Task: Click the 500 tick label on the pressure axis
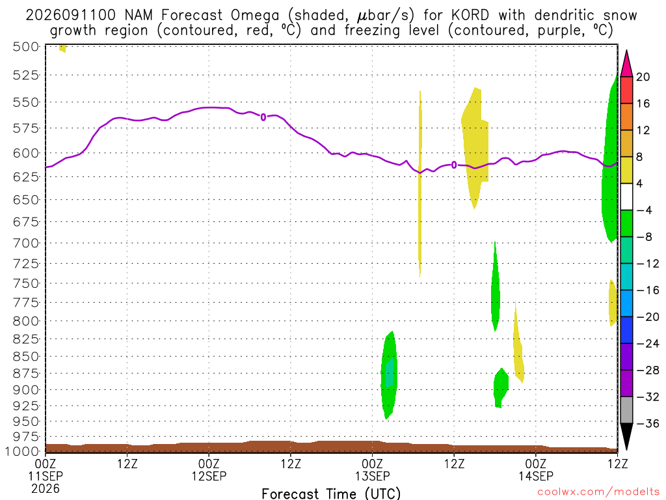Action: pyautogui.click(x=26, y=46)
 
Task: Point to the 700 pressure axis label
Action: pyautogui.click(x=26, y=243)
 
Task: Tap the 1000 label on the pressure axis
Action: pyautogui.click(x=23, y=451)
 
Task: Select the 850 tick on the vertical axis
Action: pyautogui.click(x=26, y=356)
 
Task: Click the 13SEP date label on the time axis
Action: pyautogui.click(x=372, y=476)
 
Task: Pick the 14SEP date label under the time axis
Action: pyautogui.click(x=536, y=476)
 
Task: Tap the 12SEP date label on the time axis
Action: pyautogui.click(x=209, y=476)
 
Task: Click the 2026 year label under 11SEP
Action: pyautogui.click(x=46, y=489)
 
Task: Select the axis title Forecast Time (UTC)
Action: pyautogui.click(x=331, y=493)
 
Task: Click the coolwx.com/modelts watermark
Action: pyautogui.click(x=598, y=492)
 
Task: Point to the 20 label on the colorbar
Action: pyautogui.click(x=643, y=77)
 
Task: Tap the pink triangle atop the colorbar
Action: pyautogui.click(x=626, y=64)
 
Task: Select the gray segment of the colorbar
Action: pyautogui.click(x=626, y=410)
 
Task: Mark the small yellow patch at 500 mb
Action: pyautogui.click(x=63, y=48)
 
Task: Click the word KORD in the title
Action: pyautogui.click(x=470, y=16)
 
